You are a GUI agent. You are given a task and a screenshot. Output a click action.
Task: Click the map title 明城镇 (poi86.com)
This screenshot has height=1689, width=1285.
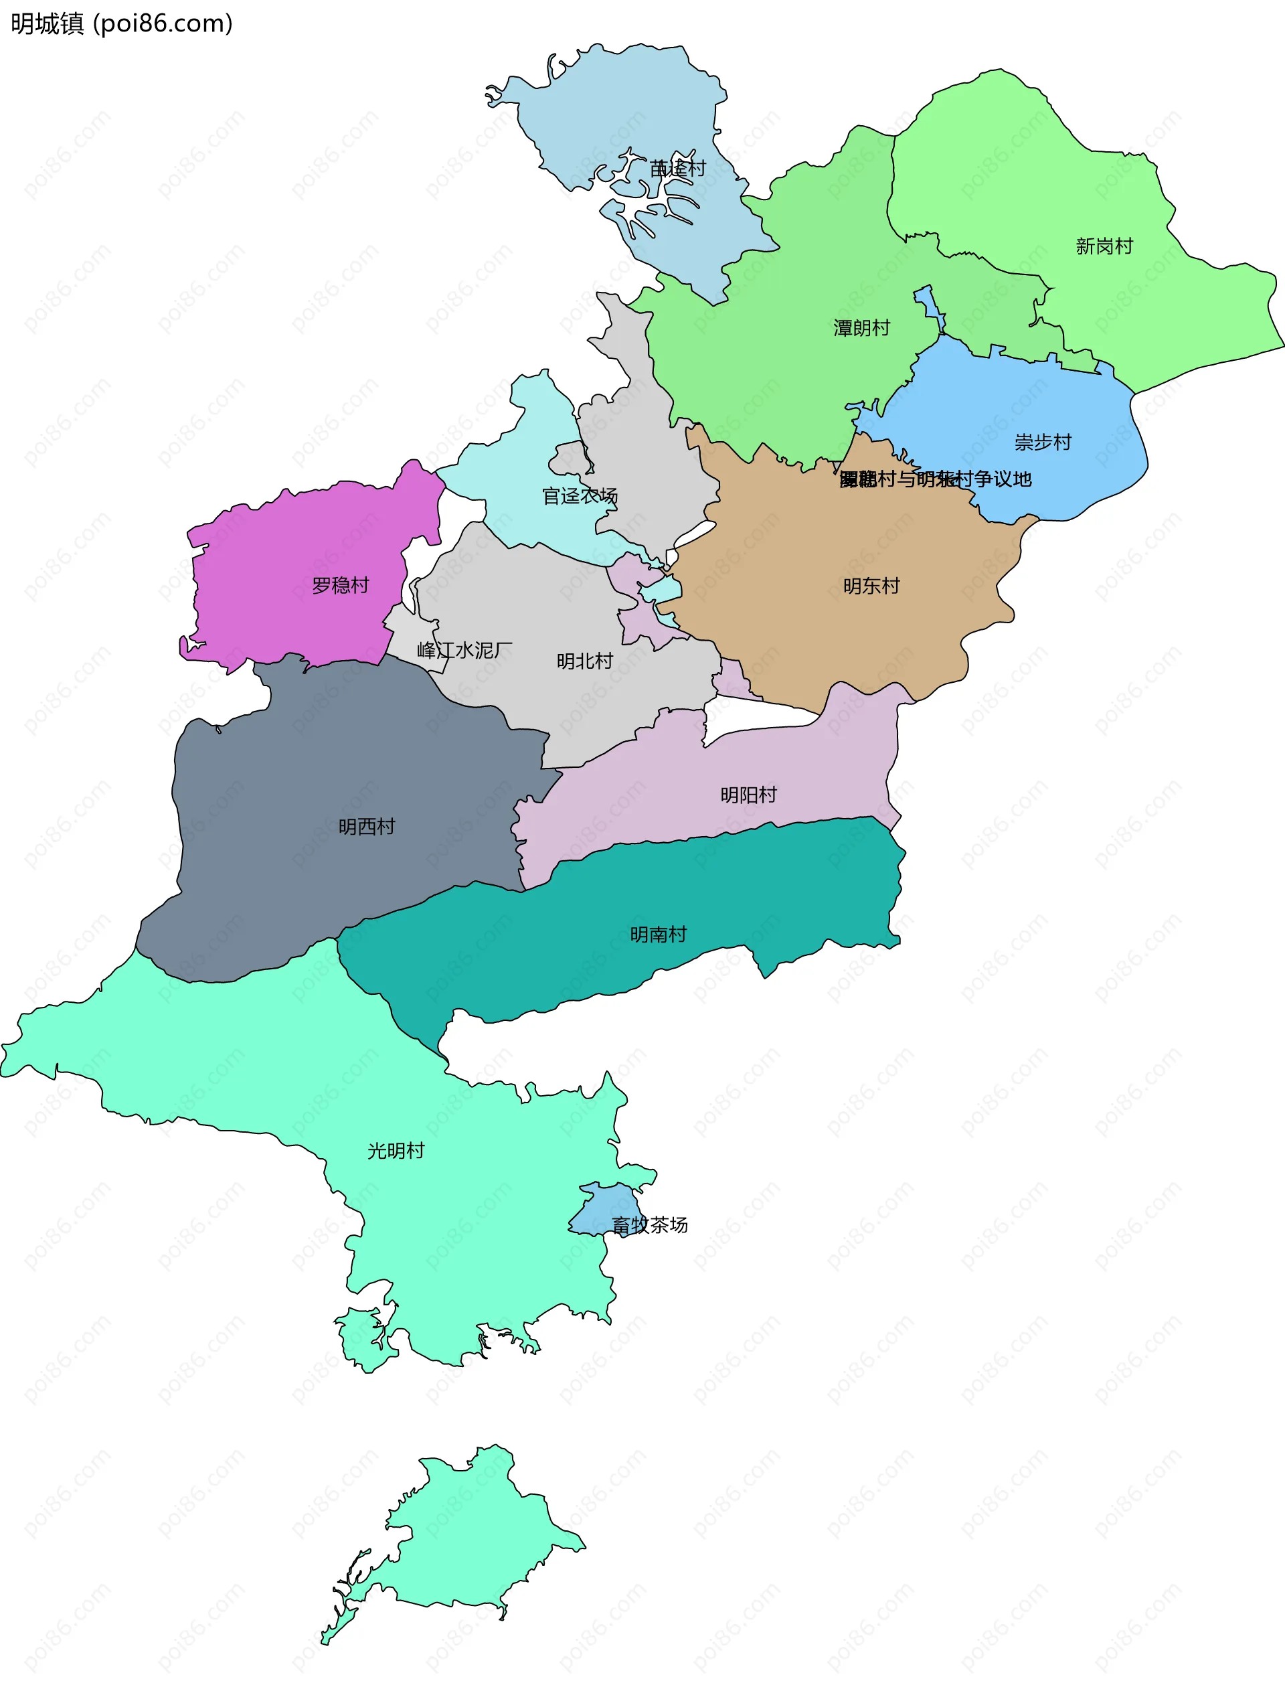(x=122, y=23)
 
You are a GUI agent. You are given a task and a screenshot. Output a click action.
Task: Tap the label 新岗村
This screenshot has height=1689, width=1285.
(x=1104, y=246)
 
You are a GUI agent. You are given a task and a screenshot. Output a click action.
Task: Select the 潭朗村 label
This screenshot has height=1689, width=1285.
(x=862, y=328)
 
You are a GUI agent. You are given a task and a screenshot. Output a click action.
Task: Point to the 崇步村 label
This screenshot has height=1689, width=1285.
(x=1043, y=442)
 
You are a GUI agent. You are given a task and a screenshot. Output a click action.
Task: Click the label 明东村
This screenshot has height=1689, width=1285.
(x=871, y=586)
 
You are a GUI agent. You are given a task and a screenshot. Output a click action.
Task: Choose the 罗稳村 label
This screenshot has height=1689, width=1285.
(x=341, y=585)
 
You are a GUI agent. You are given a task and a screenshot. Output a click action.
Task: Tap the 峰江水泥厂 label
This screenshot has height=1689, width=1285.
(x=464, y=650)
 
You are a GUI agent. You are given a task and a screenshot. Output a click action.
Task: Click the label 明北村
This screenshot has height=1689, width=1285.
(x=584, y=661)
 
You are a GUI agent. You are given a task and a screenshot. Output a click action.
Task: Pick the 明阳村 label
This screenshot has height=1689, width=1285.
(x=748, y=795)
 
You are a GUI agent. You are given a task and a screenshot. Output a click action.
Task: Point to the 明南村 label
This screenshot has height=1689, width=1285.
(x=658, y=934)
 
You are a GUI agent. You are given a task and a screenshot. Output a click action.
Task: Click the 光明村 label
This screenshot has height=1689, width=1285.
(x=396, y=1151)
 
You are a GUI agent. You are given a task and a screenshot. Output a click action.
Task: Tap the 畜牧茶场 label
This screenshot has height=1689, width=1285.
(x=649, y=1224)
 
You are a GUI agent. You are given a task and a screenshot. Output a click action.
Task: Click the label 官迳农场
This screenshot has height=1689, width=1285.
(x=579, y=497)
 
